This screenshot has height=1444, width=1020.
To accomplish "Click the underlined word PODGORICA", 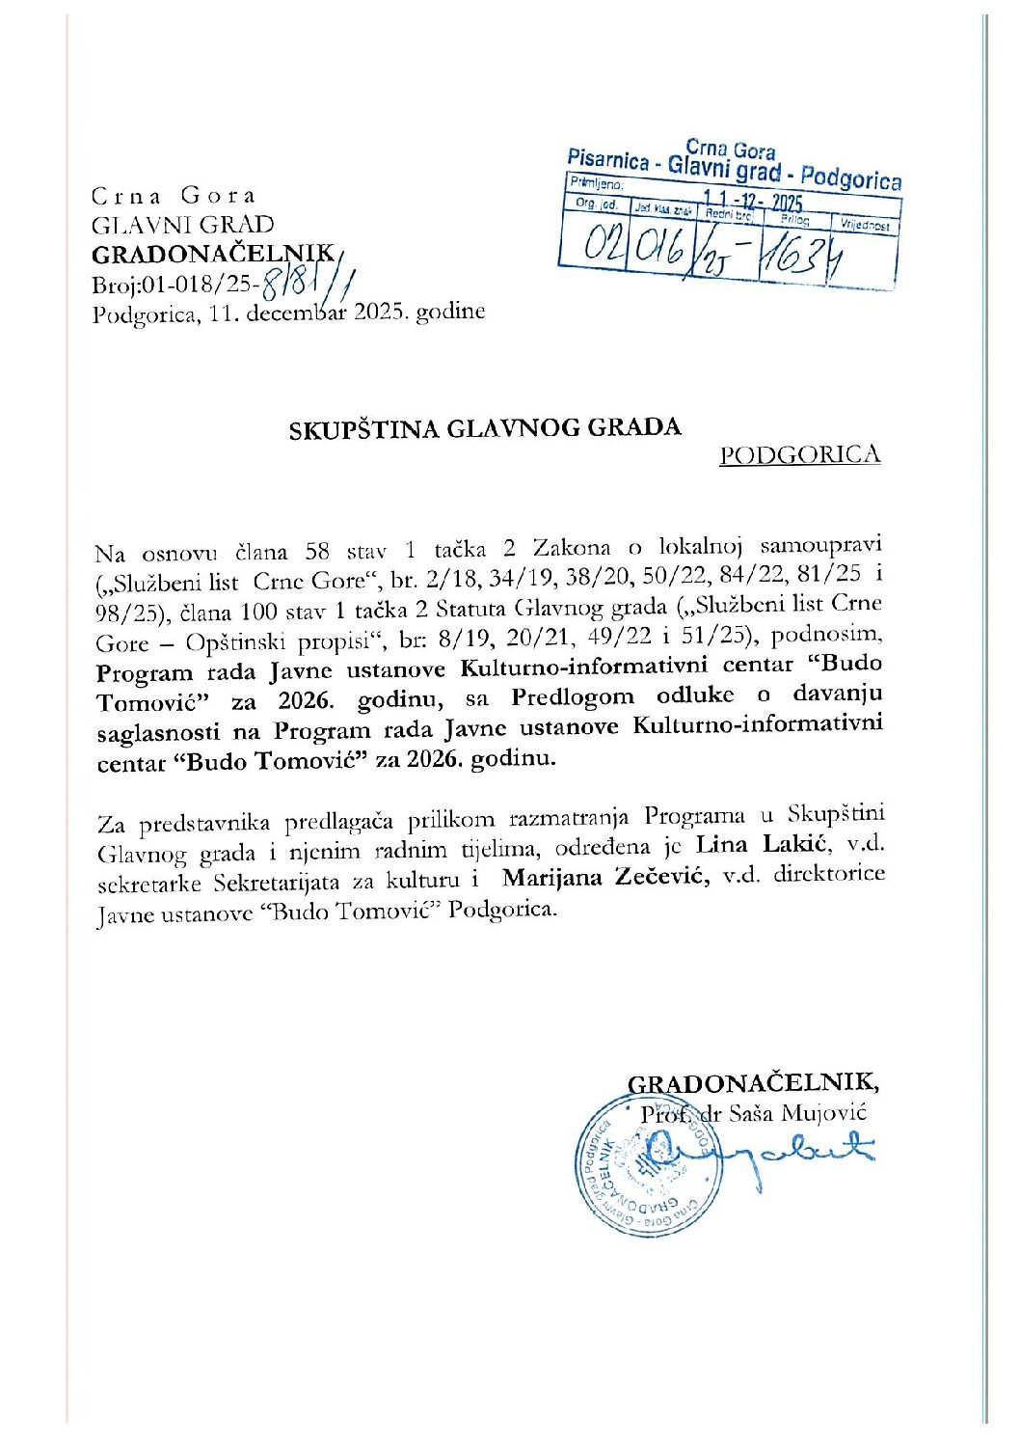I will point(799,455).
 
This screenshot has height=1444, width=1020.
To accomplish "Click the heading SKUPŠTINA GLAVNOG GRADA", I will point(485,428).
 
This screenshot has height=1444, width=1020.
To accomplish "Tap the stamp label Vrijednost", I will point(866,226).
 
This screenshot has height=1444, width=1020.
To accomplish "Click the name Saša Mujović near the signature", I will point(811,1112).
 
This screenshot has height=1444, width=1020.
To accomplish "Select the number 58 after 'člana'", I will point(317,552).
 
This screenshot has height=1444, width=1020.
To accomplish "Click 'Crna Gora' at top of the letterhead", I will point(174,196).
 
